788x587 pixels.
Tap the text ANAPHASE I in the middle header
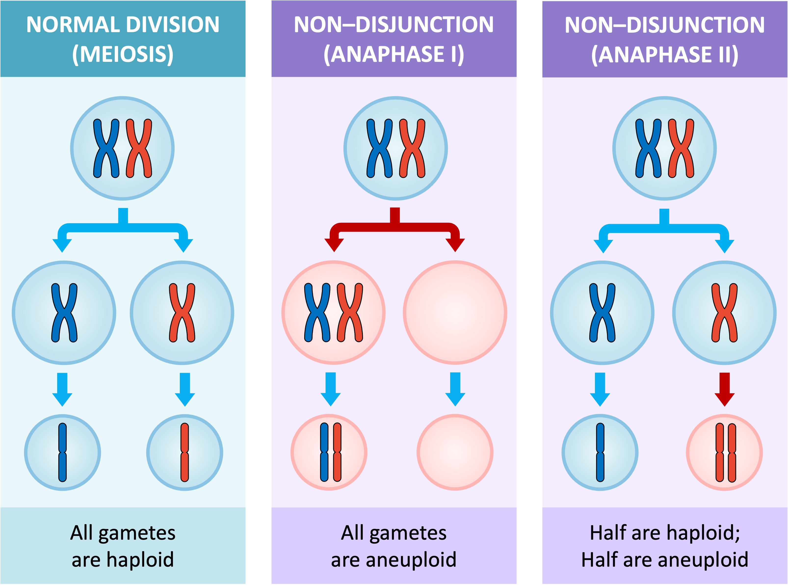[394, 54]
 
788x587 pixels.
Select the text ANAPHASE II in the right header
[664, 54]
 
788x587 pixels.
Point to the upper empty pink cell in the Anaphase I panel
[455, 312]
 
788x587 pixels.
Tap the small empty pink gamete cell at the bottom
[455, 452]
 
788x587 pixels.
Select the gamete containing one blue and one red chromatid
[329, 452]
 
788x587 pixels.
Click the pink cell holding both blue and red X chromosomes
[333, 312]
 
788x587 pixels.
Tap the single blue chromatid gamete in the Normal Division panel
[63, 452]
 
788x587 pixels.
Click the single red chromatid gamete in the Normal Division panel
[184, 452]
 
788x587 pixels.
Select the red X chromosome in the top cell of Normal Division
[139, 148]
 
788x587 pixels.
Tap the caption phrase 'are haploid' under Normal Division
[123, 560]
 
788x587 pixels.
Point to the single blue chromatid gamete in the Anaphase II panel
[600, 452]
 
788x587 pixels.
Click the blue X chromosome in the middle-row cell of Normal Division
[64, 312]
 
